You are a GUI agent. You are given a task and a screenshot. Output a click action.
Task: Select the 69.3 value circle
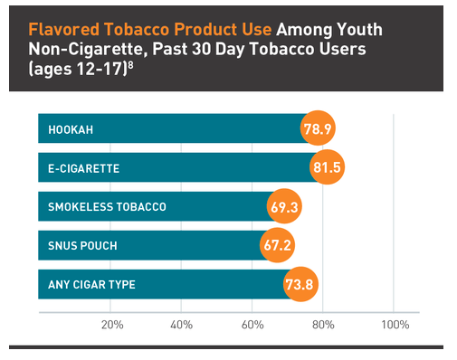(283, 207)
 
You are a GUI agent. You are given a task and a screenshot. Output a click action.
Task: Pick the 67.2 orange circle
(277, 246)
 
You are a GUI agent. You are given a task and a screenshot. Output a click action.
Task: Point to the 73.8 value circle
(300, 285)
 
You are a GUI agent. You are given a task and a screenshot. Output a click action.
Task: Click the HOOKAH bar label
(71, 130)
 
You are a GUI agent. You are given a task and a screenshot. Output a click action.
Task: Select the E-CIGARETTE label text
(84, 169)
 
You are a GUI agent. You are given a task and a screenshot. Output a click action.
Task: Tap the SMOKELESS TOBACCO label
(107, 207)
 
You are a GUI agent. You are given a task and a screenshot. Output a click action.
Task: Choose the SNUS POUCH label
(82, 246)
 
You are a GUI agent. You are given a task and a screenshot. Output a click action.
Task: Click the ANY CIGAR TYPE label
(91, 285)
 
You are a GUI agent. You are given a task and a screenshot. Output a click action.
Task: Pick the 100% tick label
(394, 325)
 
